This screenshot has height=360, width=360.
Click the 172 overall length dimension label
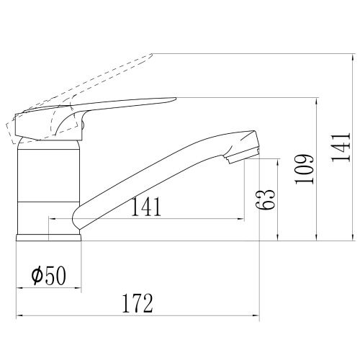tap(137, 304)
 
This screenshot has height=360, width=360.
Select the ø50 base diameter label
tap(47, 275)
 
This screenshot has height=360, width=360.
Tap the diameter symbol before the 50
tap(35, 275)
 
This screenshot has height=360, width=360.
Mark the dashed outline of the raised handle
tap(86, 86)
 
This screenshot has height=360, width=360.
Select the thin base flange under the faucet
tap(49, 236)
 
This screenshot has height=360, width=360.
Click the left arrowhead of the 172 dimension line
tap(19, 315)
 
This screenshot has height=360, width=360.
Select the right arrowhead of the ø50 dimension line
tap(78, 287)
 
